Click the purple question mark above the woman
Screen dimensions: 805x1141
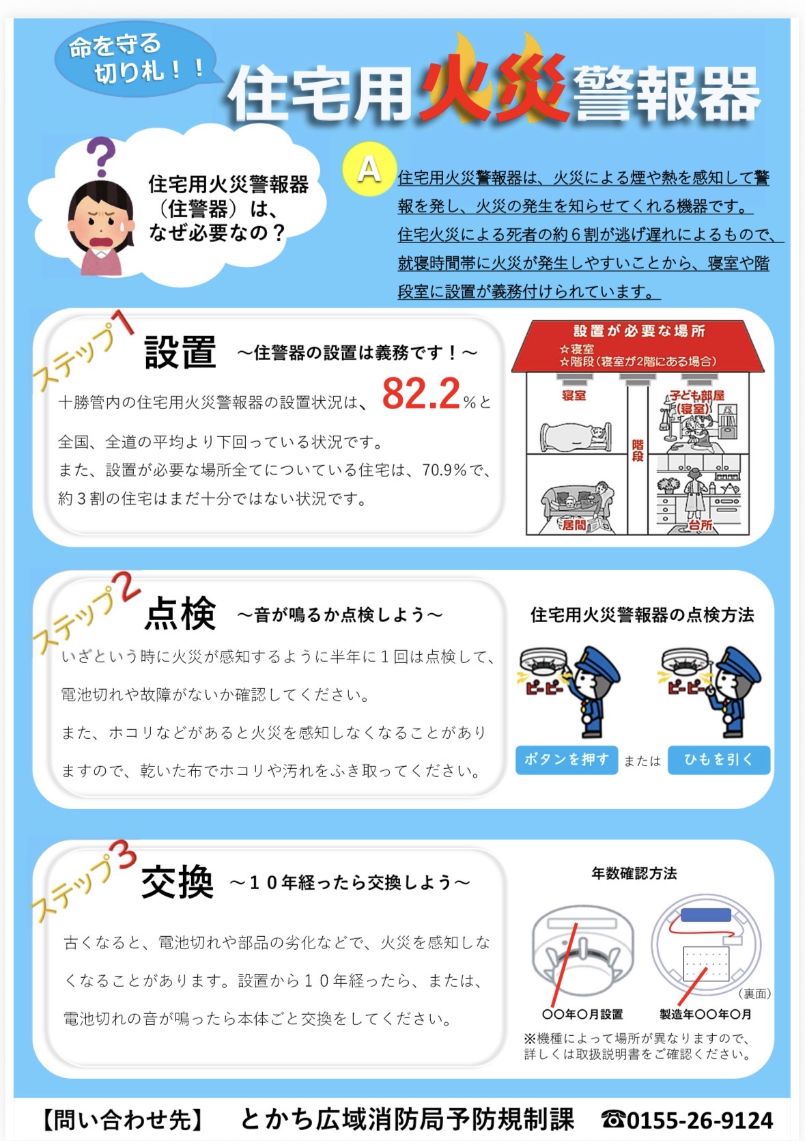(101, 156)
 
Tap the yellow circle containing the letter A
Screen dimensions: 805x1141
(369, 169)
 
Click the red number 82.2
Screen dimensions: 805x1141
(421, 393)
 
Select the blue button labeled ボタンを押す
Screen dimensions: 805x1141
(567, 760)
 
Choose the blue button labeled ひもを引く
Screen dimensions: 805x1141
(718, 760)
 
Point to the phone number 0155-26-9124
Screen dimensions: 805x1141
(699, 1120)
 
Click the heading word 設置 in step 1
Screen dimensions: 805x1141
(180, 352)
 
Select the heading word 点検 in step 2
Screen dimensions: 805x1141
(180, 612)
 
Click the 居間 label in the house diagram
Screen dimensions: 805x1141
(574, 524)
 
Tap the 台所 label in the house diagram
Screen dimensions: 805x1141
(701, 524)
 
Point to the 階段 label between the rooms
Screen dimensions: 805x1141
(637, 451)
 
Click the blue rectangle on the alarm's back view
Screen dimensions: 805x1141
(705, 916)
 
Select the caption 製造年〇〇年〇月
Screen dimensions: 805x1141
(705, 1014)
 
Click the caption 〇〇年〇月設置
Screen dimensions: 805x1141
(582, 1014)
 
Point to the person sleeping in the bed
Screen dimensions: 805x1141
(576, 436)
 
